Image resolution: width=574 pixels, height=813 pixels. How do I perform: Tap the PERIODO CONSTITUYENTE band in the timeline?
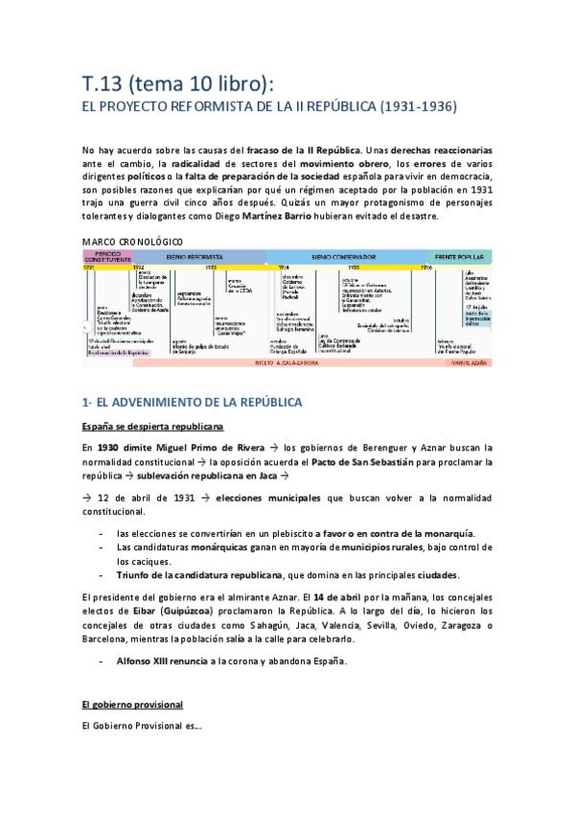click(x=105, y=258)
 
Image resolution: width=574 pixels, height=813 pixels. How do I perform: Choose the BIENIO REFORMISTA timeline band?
click(x=195, y=258)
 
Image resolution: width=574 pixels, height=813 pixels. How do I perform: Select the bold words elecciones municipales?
click(x=268, y=499)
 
